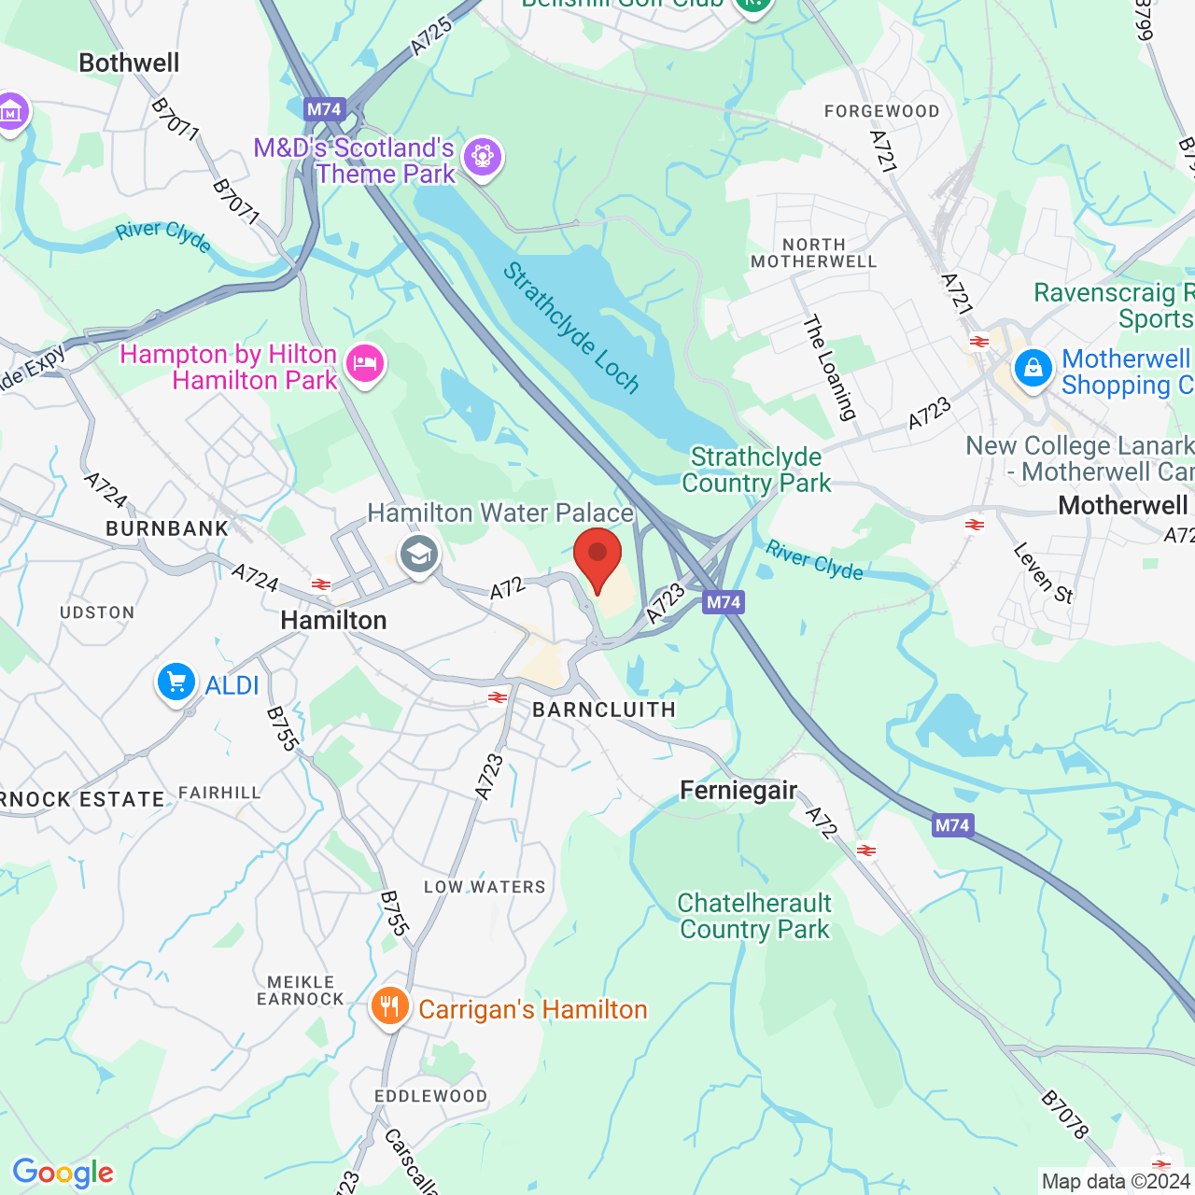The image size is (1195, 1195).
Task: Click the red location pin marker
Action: click(597, 556)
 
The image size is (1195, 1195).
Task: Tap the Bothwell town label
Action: click(129, 63)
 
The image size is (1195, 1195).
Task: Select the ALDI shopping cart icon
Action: click(176, 682)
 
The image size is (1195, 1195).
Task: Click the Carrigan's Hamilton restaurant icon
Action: click(389, 1007)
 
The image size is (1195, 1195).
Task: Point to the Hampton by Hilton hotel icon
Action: click(365, 363)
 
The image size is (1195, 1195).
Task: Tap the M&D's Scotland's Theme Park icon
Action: click(483, 157)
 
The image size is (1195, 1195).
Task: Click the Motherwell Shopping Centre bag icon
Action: click(1033, 369)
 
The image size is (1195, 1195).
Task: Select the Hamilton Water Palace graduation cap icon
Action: click(419, 555)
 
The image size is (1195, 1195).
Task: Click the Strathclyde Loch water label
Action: click(571, 328)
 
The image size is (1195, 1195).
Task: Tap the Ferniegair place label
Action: click(738, 791)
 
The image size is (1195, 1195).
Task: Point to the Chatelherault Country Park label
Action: click(754, 916)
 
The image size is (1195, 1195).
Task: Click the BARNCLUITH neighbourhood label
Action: click(604, 710)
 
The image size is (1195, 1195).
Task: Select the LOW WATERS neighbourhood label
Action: click(485, 887)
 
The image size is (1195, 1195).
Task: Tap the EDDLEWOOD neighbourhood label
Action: click(430, 1096)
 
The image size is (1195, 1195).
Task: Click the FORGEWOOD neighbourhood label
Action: click(881, 111)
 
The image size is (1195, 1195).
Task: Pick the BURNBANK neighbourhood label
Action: click(167, 528)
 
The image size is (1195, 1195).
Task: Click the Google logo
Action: click(63, 1173)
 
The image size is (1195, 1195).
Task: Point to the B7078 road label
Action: click(1064, 1115)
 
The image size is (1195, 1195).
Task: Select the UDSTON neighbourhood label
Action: click(97, 612)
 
